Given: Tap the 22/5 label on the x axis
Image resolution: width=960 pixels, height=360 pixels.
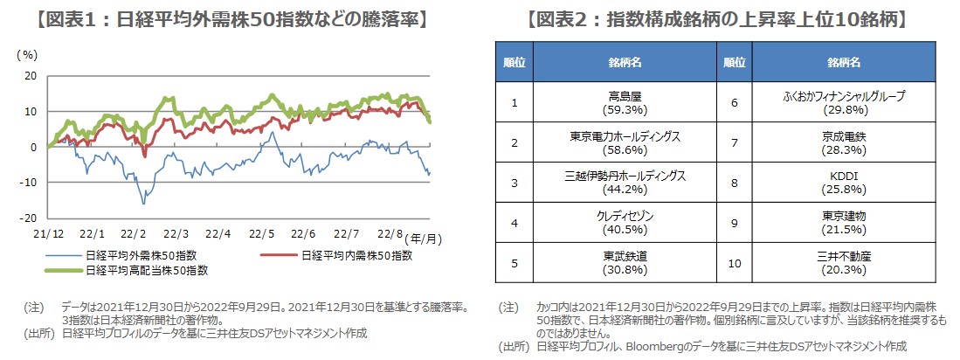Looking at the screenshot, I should (x=260, y=234).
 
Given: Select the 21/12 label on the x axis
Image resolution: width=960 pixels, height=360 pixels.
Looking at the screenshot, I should (x=48, y=234).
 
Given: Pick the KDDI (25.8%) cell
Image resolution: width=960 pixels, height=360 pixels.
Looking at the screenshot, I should (x=844, y=183).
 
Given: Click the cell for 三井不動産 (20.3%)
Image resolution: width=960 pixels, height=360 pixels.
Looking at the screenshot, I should (x=844, y=262).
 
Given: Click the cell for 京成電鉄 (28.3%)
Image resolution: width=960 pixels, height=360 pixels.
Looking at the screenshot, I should (x=844, y=143).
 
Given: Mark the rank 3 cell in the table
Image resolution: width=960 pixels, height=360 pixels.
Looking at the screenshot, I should (x=515, y=183).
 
